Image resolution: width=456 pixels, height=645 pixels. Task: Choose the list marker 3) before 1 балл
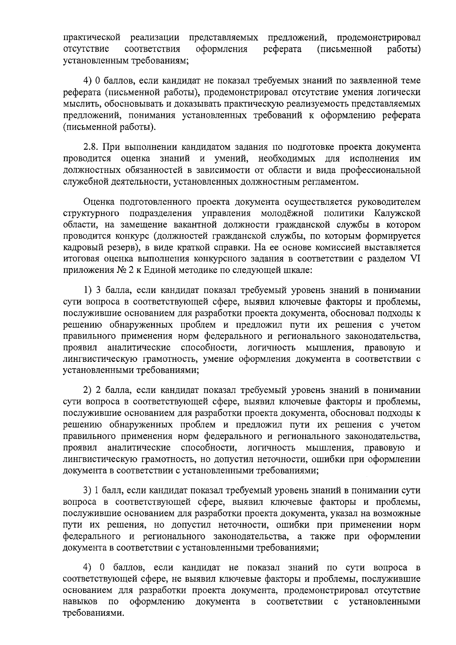[x=88, y=491]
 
